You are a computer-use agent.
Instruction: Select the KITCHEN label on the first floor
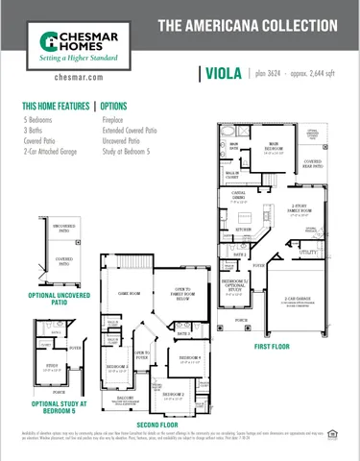(244, 230)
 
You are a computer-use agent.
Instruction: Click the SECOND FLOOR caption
(159, 424)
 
